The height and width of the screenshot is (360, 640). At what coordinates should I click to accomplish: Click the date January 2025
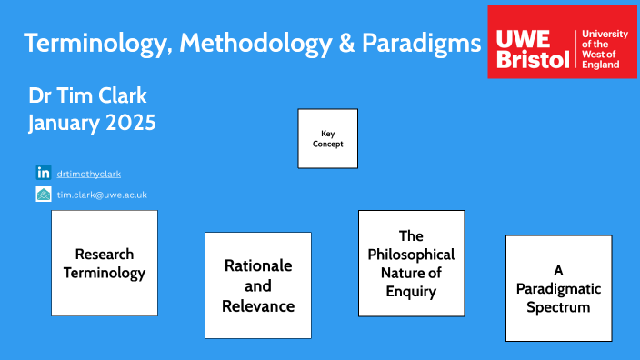(92, 124)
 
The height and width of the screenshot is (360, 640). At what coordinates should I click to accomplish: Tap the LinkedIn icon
(43, 172)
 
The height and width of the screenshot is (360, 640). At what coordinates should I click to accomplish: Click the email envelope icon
(43, 194)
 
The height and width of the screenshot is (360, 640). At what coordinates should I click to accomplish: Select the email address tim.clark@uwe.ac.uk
(102, 195)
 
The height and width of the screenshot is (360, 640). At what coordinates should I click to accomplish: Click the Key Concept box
(327, 138)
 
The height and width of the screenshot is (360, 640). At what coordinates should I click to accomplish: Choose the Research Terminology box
(104, 264)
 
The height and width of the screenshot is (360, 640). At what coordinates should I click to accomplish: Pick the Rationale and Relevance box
(258, 285)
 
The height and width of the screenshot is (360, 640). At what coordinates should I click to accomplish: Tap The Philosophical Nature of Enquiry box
(411, 264)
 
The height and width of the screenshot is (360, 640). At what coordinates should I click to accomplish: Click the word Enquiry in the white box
(411, 292)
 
